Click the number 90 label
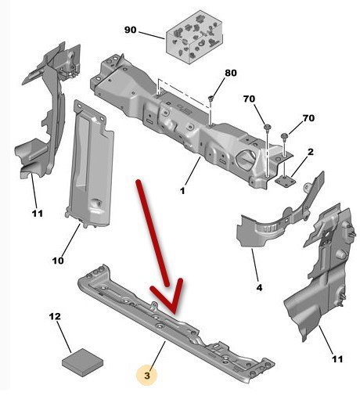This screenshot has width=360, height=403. click(130, 30)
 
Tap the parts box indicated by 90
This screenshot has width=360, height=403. click(195, 37)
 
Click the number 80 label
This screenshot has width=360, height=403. click(231, 73)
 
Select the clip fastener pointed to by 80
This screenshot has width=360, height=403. click(211, 99)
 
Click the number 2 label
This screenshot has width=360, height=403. click(311, 152)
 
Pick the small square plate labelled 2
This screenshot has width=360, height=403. click(285, 181)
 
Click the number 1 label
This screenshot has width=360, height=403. click(182, 191)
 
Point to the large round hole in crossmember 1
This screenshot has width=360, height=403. click(245, 158)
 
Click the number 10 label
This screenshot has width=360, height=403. click(58, 261)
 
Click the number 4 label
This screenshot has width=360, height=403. click(259, 288)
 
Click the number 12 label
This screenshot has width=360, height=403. click(55, 316)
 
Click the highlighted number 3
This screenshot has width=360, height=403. click(147, 376)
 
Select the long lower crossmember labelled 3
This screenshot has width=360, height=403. click(175, 324)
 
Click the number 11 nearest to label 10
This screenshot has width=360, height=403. click(38, 214)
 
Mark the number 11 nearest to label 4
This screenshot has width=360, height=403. click(337, 359)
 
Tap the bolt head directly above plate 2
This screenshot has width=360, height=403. click(284, 136)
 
